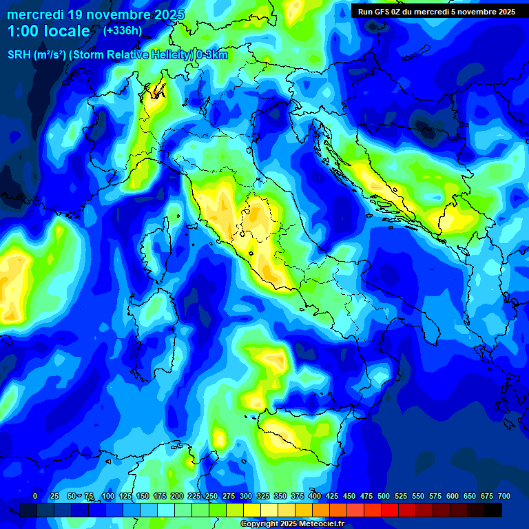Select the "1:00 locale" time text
point(49,31)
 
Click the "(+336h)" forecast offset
point(123,31)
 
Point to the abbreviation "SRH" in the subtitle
point(19,55)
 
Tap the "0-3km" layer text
point(212,55)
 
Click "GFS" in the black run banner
point(387,12)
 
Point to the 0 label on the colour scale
point(35,496)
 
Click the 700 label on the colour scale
point(504,496)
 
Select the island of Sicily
point(300,437)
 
